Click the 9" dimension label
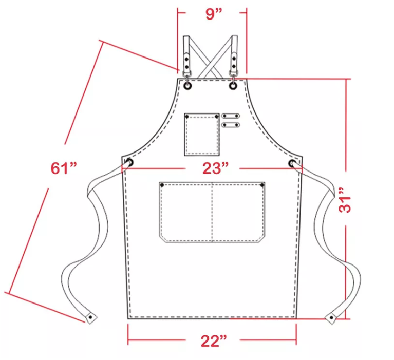pos(214,14)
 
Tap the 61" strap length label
pos(64,168)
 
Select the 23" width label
pos(216,168)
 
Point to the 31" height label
pos(345,200)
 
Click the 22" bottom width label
pos(214,340)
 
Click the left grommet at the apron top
pos(187,86)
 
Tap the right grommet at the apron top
pos(233,86)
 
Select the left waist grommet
pos(129,163)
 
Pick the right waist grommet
pos(292,163)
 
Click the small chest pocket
pos(202,135)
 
